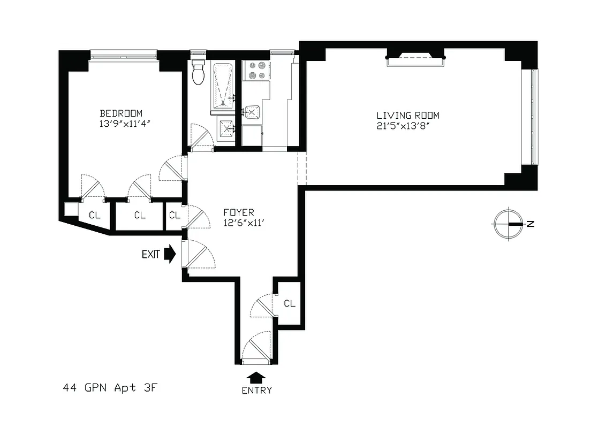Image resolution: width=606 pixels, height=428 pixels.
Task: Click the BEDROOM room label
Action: point(121,113)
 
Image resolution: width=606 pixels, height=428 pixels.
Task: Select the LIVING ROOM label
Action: point(408,116)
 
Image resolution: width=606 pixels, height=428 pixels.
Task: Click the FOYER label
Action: point(239,212)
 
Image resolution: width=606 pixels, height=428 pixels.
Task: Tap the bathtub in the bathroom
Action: point(223,85)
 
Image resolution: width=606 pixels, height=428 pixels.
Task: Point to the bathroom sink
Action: point(226,128)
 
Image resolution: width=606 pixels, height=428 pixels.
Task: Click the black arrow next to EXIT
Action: point(170,254)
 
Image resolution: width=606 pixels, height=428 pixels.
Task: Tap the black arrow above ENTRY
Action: point(256,377)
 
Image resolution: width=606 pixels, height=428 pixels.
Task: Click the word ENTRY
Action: point(256,390)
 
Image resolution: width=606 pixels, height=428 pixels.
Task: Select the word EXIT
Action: point(151,255)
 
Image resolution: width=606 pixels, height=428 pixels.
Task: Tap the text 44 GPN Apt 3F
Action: point(111,388)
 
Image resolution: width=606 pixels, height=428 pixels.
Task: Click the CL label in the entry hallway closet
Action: point(290,303)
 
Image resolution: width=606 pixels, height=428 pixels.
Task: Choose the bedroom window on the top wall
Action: point(124,55)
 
